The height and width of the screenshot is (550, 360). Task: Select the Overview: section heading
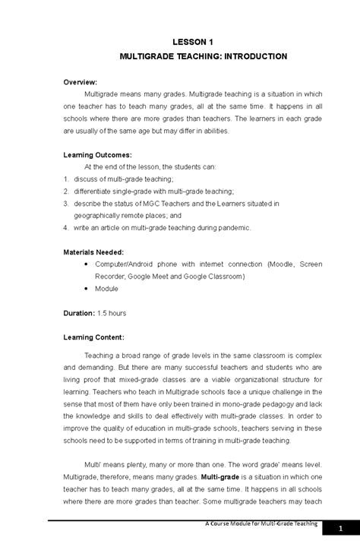pos(81,81)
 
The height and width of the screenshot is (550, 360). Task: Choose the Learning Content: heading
pos(94,337)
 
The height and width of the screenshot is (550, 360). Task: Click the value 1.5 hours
pos(112,312)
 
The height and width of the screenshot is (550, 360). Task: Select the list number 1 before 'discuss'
pos(66,179)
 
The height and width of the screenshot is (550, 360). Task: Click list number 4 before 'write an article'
pos(66,227)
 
